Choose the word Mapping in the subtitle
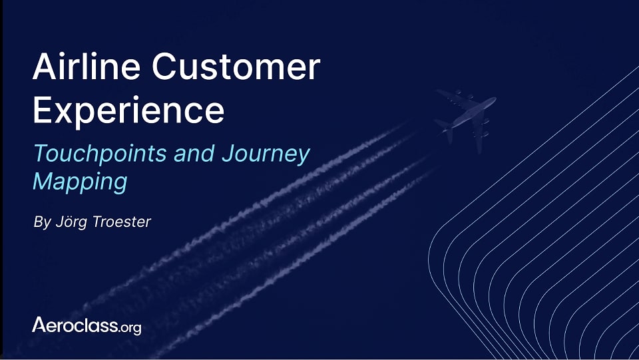(80, 182)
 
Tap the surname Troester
(122, 221)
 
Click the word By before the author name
(41, 222)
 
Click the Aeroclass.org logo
(87, 325)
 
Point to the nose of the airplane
(493, 100)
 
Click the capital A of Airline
(45, 67)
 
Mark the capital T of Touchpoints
(41, 154)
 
